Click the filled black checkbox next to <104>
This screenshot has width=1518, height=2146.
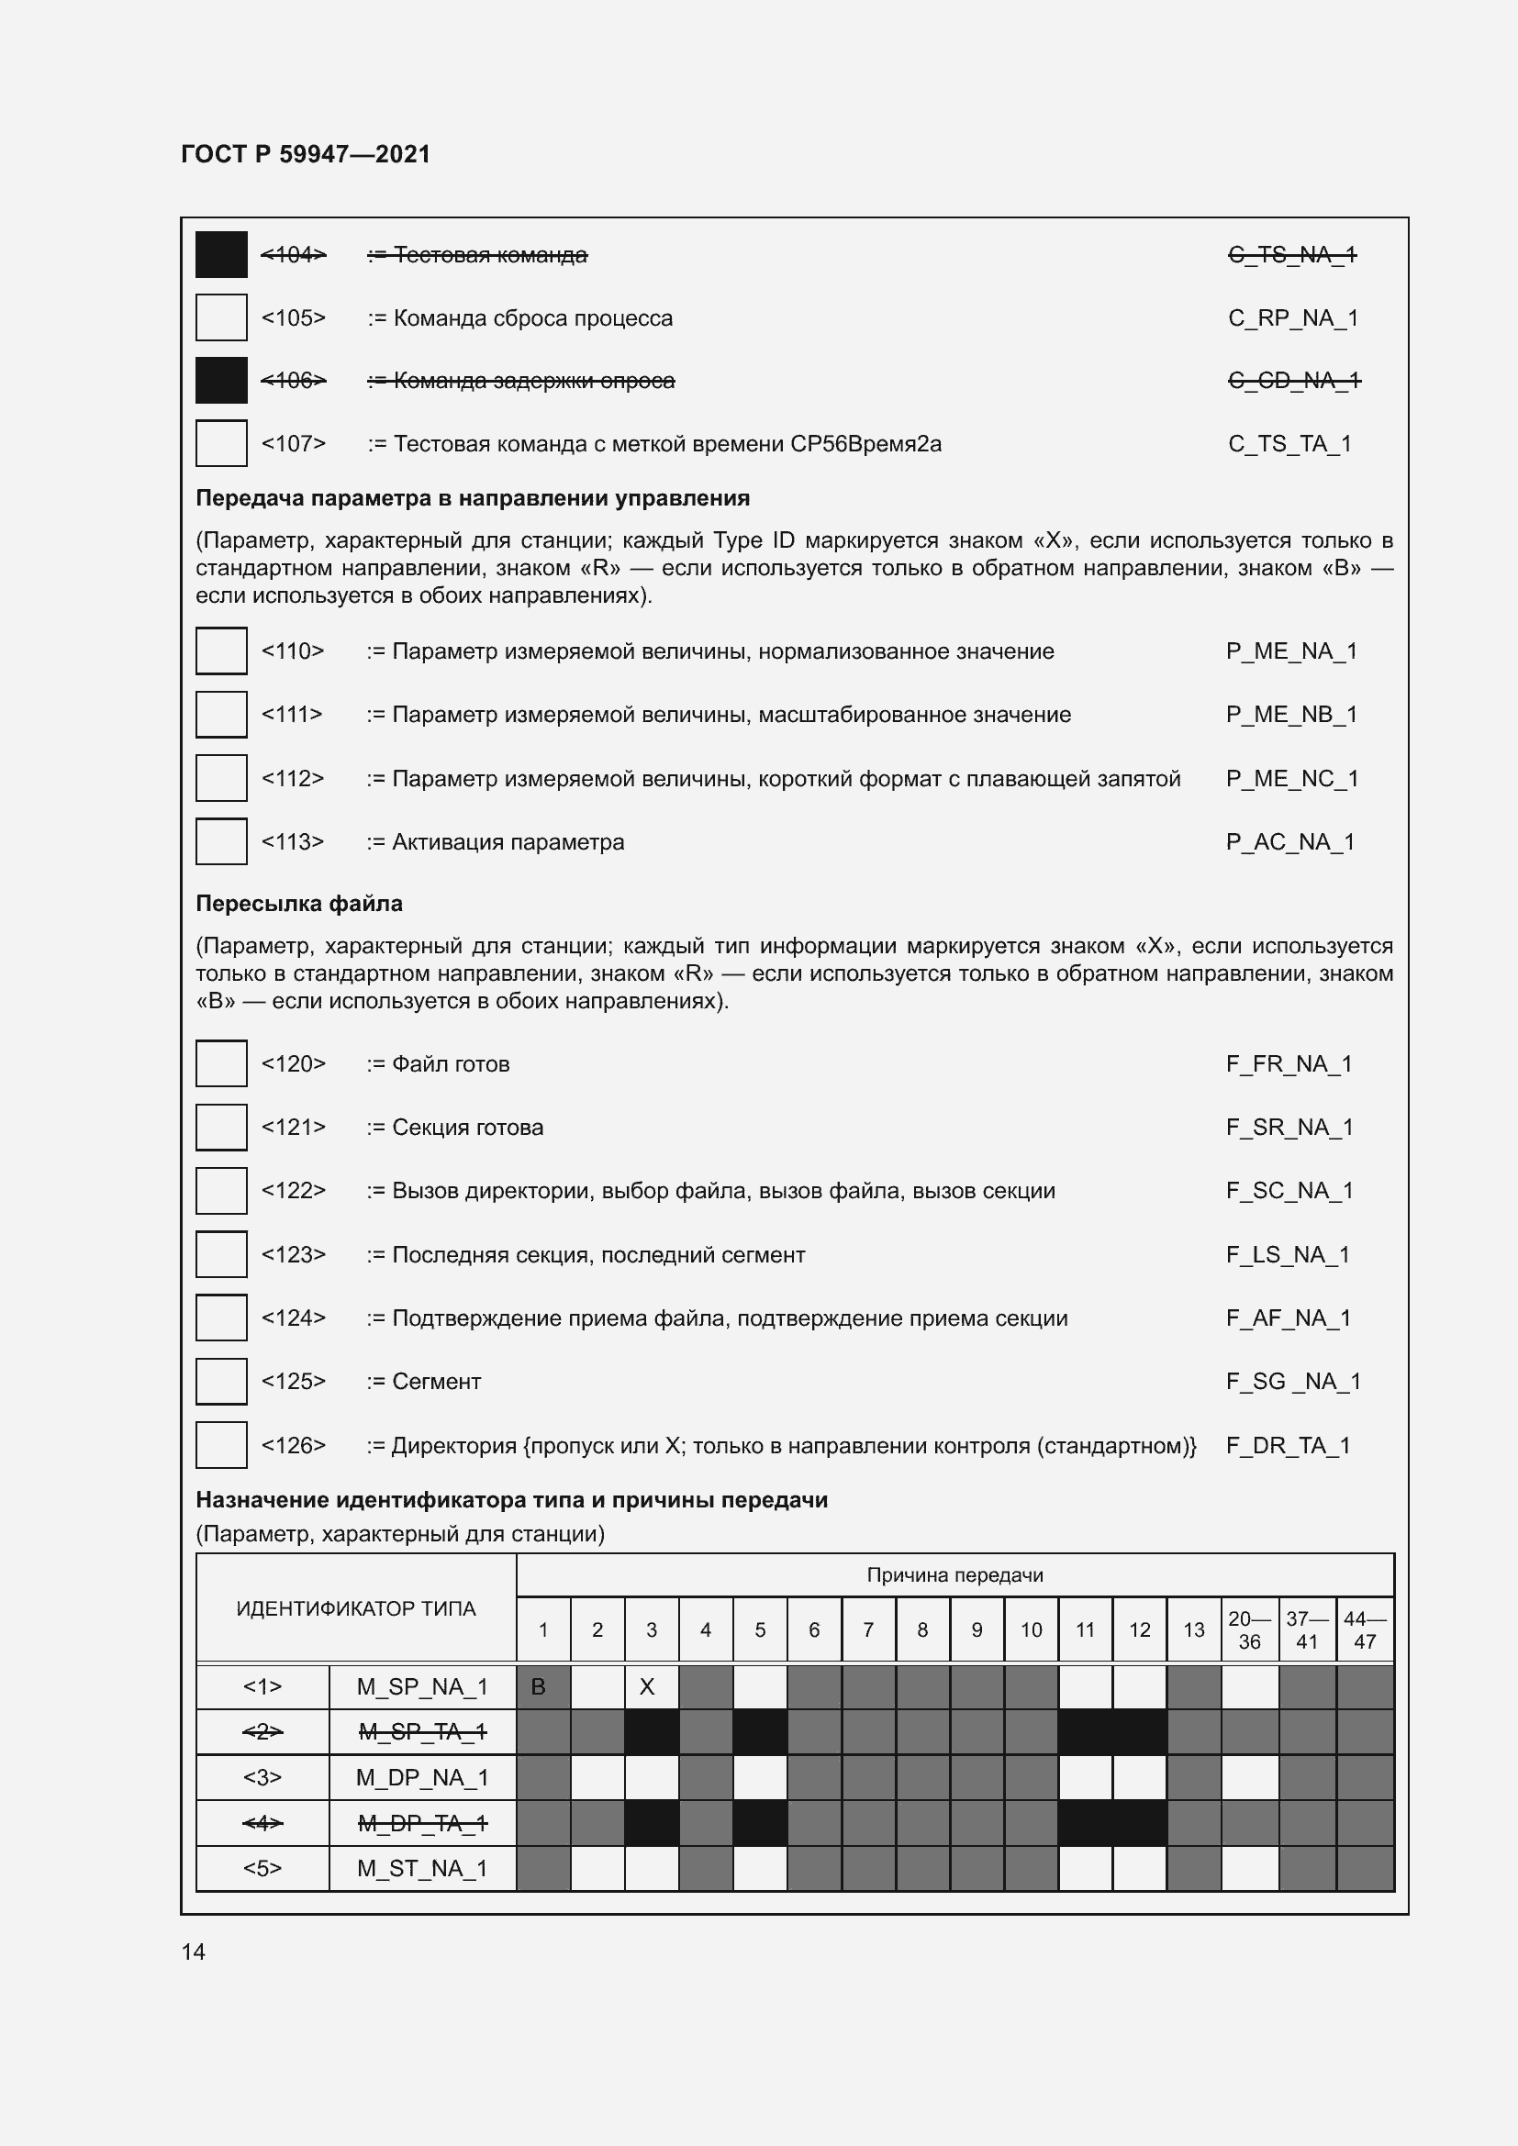click(220, 254)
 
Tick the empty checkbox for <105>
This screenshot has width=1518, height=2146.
click(220, 317)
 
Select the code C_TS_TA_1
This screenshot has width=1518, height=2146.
click(1289, 444)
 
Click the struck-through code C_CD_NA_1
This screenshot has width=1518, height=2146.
click(1294, 381)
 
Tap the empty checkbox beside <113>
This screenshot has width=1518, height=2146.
click(220, 841)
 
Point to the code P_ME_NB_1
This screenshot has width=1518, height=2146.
click(1291, 714)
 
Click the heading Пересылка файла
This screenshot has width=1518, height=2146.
click(299, 904)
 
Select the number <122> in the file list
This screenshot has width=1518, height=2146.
click(294, 1190)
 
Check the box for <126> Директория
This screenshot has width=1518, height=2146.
click(220, 1445)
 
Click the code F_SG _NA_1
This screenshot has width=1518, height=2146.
click(1293, 1382)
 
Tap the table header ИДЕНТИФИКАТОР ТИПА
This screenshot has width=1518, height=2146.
click(356, 1608)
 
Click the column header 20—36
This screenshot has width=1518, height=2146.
click(1249, 1630)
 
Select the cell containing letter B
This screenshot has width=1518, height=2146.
click(543, 1687)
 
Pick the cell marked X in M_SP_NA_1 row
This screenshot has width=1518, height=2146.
click(652, 1687)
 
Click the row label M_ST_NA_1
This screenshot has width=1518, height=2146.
click(422, 1868)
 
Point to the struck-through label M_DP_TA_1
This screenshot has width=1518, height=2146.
click(422, 1823)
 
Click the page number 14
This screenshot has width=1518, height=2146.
click(193, 1951)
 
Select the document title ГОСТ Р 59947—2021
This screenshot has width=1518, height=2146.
click(306, 154)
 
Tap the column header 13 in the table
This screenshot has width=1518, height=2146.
click(1194, 1630)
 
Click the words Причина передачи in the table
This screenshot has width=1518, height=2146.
click(954, 1575)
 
